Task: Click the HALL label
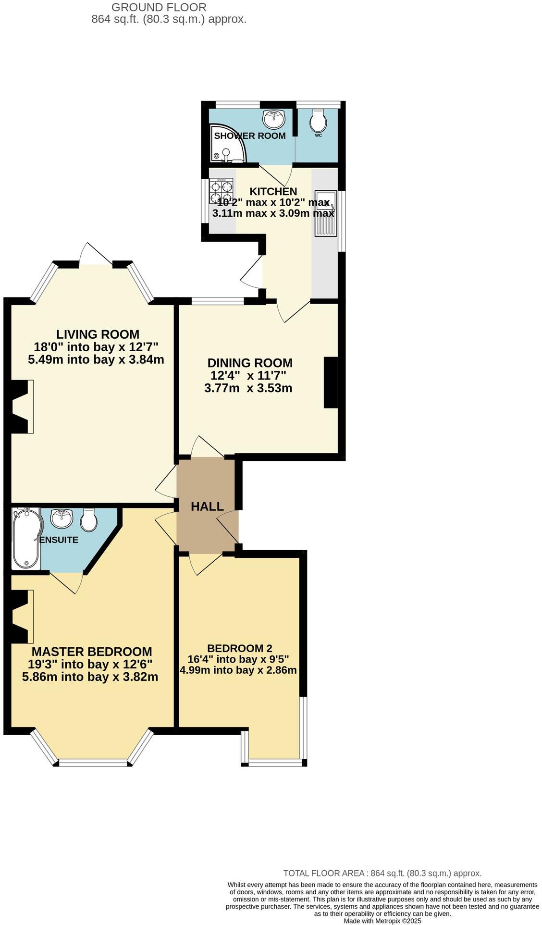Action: pos(207,506)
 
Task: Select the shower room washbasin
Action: pos(274,119)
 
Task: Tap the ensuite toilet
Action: pos(89,519)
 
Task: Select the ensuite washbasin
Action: pos(61,518)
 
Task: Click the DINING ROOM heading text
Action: pos(250,363)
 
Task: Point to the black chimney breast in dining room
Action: pos(331,382)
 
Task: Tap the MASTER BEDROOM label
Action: pos(92,652)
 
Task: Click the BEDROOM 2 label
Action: pos(239,648)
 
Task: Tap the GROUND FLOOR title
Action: pos(159,7)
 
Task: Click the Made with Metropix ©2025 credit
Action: pos(382,921)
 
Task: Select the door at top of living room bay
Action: pos(96,253)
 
